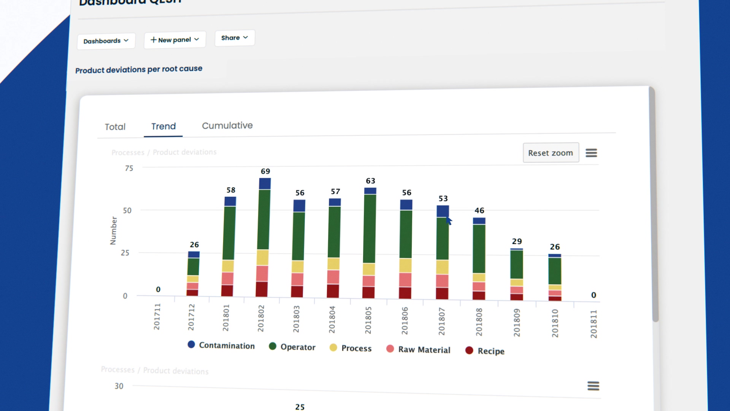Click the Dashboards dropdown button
pos(106,41)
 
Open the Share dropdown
pos(234,38)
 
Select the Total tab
pos(115,127)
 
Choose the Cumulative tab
pos(227,126)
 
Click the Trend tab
pos(163,126)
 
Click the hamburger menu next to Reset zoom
pos(591,153)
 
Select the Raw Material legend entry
pos(418,349)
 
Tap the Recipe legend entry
pos(485,350)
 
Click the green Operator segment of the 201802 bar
pos(263,220)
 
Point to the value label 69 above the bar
pos(265,171)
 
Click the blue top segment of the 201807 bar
pos(443,211)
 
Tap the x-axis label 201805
pos(368,320)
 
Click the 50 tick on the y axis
pos(127,210)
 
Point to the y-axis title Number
pos(113,231)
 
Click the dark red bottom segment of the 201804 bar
pos(333,291)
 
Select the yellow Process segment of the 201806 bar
pos(405,265)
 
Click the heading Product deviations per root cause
pos(139,70)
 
